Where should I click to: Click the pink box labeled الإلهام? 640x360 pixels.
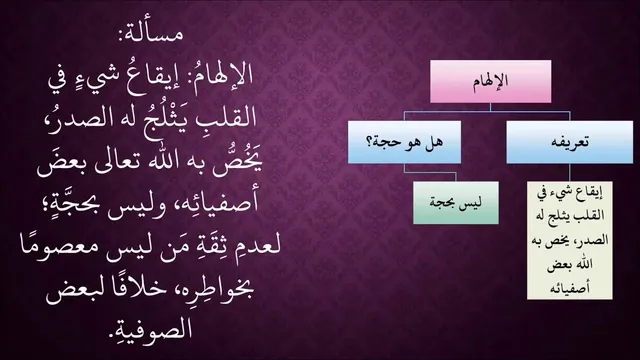tap(491, 81)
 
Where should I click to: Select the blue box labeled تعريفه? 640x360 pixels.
tap(570, 142)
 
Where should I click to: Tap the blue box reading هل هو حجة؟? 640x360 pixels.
tap(404, 142)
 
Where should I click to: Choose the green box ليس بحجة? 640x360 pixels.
tap(456, 203)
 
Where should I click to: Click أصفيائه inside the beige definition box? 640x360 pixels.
tap(570, 288)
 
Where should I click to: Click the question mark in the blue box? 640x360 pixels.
tap(370, 143)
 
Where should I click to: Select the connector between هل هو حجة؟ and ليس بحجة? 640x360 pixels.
tap(429, 172)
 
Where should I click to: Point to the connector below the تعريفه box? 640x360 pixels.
tap(570, 173)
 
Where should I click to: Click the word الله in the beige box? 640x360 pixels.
tap(580, 264)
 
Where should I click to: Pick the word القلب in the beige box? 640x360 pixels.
tap(589, 216)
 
